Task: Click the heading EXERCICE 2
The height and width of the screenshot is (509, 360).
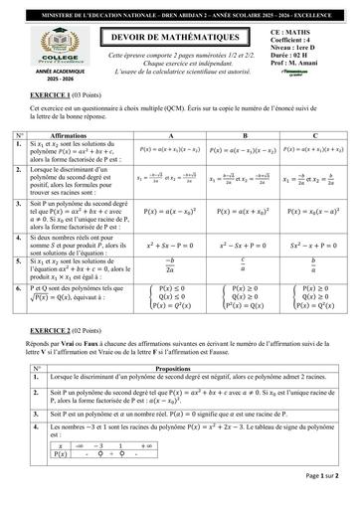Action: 55,327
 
